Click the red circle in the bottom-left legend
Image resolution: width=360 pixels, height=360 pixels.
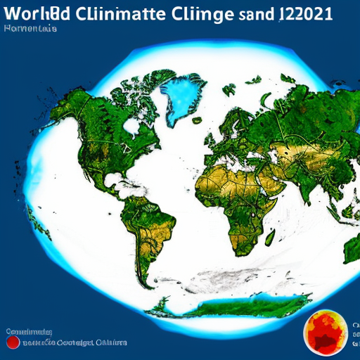(13, 342)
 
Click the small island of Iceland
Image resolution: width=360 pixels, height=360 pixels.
(229, 91)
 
